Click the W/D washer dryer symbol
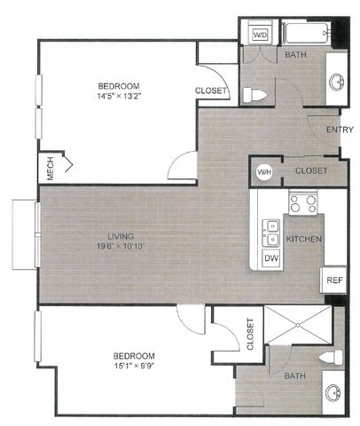(260, 34)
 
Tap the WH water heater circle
(264, 172)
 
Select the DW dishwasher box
(270, 258)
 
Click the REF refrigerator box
(333, 280)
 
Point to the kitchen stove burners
(302, 204)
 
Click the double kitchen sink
(270, 233)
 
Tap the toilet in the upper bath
(254, 95)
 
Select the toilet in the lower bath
(331, 357)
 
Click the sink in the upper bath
(337, 81)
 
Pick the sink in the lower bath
(333, 393)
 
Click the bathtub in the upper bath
(307, 33)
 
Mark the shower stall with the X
(298, 325)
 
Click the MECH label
(51, 168)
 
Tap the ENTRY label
(340, 130)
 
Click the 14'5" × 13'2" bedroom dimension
(119, 96)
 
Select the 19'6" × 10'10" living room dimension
(121, 246)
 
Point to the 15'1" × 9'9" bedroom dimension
(135, 366)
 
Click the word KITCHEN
(304, 239)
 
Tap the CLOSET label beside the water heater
(311, 170)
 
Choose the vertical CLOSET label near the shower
(250, 334)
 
